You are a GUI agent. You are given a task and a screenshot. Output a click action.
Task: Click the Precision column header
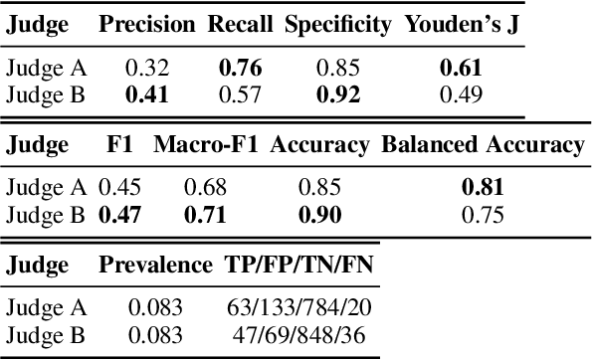147,25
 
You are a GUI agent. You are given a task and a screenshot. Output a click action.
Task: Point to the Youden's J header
462,25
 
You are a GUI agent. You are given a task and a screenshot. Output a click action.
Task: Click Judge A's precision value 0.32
147,69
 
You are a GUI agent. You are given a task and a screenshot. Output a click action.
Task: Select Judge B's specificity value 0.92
336,94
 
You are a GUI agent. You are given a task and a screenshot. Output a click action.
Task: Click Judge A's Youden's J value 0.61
462,69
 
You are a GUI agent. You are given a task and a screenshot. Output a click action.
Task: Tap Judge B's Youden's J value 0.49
462,94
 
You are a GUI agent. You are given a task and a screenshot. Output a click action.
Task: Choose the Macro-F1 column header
206,145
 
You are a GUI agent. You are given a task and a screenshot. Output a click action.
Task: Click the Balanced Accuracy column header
483,145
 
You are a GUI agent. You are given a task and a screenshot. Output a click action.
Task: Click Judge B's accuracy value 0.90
319,214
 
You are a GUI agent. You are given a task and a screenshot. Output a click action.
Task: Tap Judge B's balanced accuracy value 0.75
483,214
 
